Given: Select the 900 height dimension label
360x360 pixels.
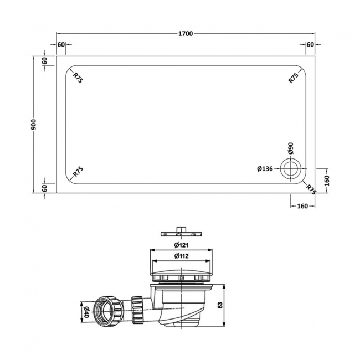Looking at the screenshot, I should pyautogui.click(x=34, y=124).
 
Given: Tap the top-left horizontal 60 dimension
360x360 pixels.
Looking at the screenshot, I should pyautogui.click(x=61, y=44).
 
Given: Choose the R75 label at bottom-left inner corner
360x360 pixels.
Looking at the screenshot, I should pyautogui.click(x=78, y=172).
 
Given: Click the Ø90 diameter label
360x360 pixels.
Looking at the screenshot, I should pyautogui.click(x=290, y=149).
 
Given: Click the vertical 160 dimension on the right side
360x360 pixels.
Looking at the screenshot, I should pyautogui.click(x=326, y=181).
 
